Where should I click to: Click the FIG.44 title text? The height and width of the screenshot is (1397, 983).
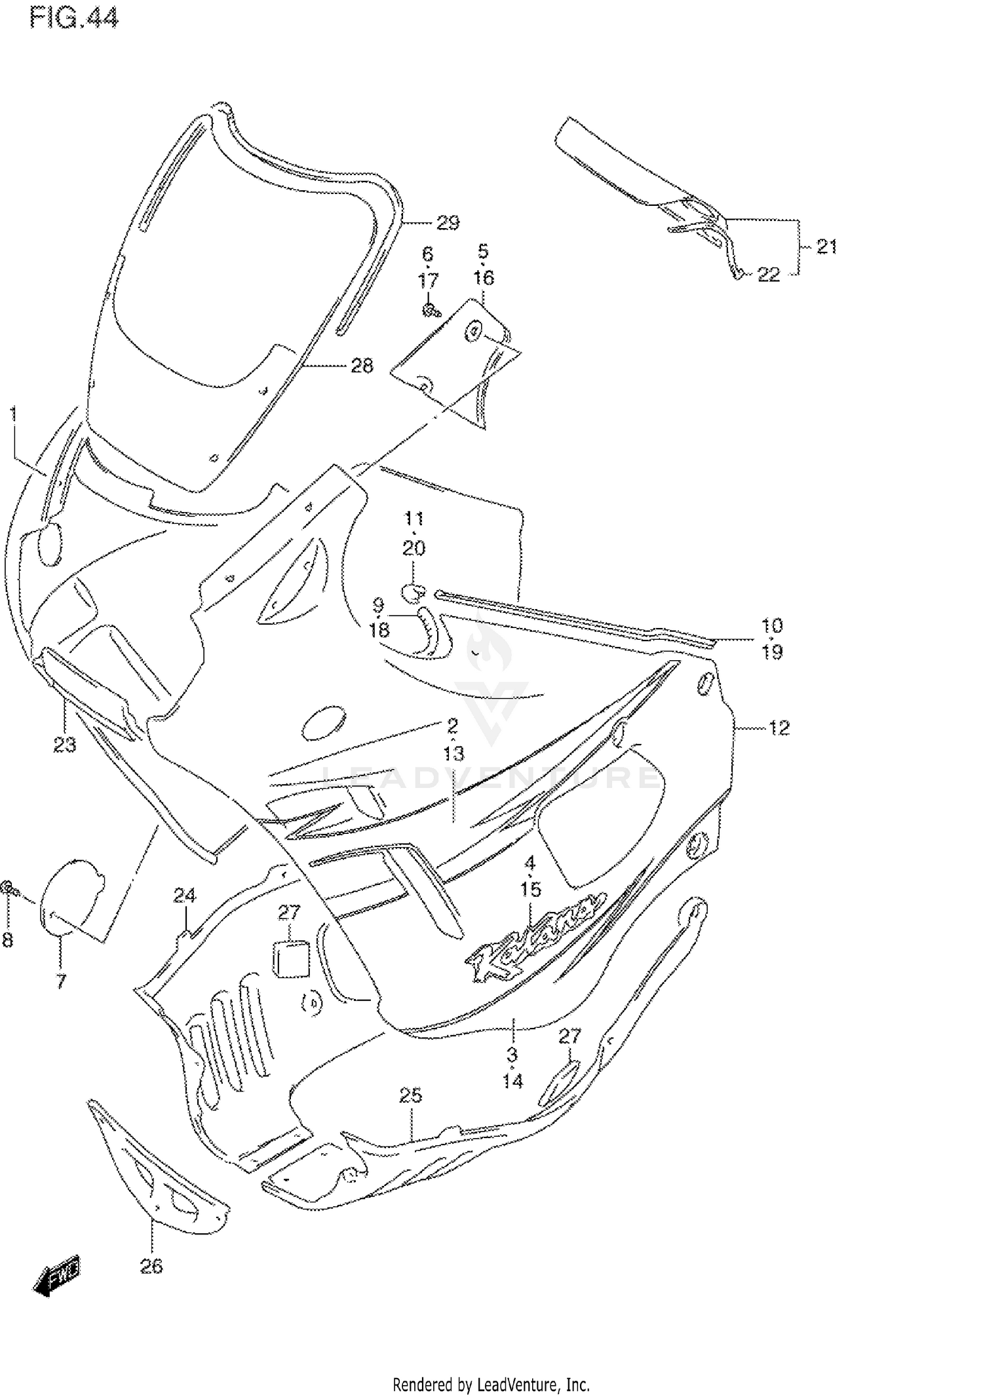pos(74,18)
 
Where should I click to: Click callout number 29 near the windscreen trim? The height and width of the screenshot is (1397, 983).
pos(448,224)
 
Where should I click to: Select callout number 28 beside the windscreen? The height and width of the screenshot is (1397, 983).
pos(362,366)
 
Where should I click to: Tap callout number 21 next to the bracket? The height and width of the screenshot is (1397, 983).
pos(826,247)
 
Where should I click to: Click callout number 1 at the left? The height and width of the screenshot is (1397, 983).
pos(14,414)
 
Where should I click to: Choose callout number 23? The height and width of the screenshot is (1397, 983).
pos(64,745)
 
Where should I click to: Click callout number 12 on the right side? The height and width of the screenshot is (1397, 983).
pos(779,728)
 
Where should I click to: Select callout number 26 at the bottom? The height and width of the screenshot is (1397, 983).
pos(151,1267)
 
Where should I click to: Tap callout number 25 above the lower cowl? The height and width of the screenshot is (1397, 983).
pos(411,1095)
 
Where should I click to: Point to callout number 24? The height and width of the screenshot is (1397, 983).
pos(185,895)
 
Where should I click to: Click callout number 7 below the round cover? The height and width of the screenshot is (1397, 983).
pos(60,981)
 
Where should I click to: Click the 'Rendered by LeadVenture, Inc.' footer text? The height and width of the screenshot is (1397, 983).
pos(491,1385)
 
